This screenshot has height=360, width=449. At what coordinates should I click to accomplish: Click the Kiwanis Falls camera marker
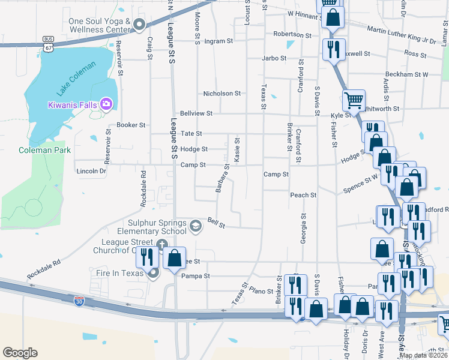tap(106, 104)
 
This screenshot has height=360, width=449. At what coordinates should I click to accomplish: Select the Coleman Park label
tap(44, 150)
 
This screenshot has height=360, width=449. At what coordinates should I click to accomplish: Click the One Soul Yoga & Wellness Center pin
tap(139, 25)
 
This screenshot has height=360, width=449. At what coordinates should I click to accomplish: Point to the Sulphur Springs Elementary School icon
tap(195, 226)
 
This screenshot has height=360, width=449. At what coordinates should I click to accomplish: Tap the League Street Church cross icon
tap(161, 245)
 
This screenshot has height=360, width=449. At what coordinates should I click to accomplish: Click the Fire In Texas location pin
tap(153, 273)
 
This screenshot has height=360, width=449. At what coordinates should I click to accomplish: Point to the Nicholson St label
tap(221, 94)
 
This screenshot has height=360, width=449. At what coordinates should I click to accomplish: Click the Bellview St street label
tap(196, 113)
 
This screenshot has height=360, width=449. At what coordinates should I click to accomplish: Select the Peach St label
tap(303, 195)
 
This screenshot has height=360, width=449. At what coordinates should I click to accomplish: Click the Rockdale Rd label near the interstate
tap(44, 270)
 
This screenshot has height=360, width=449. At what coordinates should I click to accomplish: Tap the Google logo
tap(20, 353)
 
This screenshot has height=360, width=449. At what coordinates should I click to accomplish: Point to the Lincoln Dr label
tap(91, 171)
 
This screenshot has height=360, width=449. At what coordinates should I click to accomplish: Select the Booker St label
tap(131, 125)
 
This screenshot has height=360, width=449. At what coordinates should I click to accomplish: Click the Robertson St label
tap(292, 35)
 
